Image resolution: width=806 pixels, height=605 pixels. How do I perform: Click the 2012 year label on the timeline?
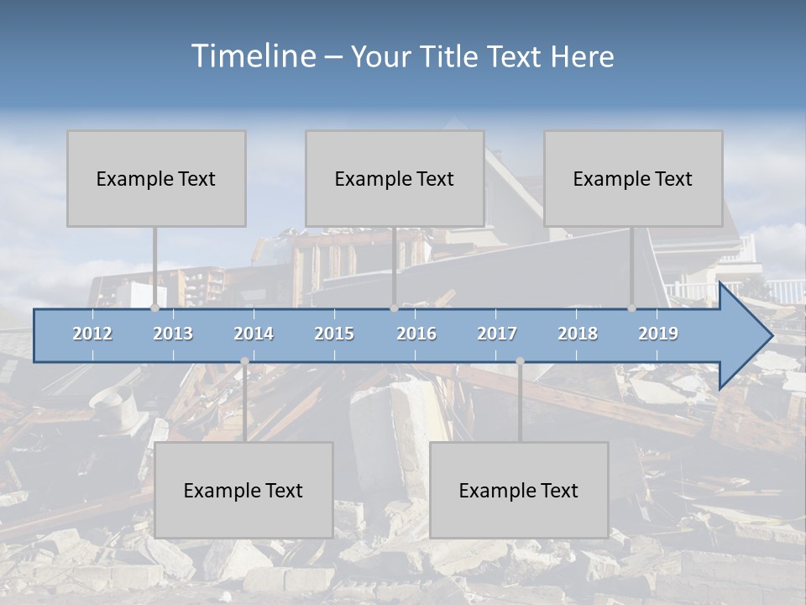coord(92,334)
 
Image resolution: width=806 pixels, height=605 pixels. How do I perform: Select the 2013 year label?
coord(173,334)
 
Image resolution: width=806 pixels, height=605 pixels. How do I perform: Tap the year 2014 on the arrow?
coord(254,334)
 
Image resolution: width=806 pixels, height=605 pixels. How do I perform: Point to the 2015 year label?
coord(334,334)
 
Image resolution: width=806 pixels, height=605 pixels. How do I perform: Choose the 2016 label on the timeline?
coord(416,334)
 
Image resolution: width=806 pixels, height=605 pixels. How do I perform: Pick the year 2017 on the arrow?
coord(497,334)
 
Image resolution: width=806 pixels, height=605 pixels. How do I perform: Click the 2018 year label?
coord(578,334)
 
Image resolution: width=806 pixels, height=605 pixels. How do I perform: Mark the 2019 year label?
coord(658,334)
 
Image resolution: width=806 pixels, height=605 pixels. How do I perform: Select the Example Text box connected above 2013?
coord(156,178)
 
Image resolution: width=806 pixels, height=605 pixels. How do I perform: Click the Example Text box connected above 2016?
coord(395,178)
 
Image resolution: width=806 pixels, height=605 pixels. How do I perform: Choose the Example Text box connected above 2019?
coord(633,178)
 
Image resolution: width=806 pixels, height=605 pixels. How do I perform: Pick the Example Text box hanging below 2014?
coord(243,490)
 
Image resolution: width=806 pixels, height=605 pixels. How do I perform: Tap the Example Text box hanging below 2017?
coord(519,490)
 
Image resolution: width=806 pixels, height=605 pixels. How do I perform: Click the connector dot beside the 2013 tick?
coord(154,308)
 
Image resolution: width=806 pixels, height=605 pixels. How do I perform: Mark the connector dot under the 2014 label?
coord(244,361)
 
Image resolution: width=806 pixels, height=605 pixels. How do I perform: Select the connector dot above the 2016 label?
coord(394,308)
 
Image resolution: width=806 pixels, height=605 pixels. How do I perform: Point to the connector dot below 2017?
coord(520,361)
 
